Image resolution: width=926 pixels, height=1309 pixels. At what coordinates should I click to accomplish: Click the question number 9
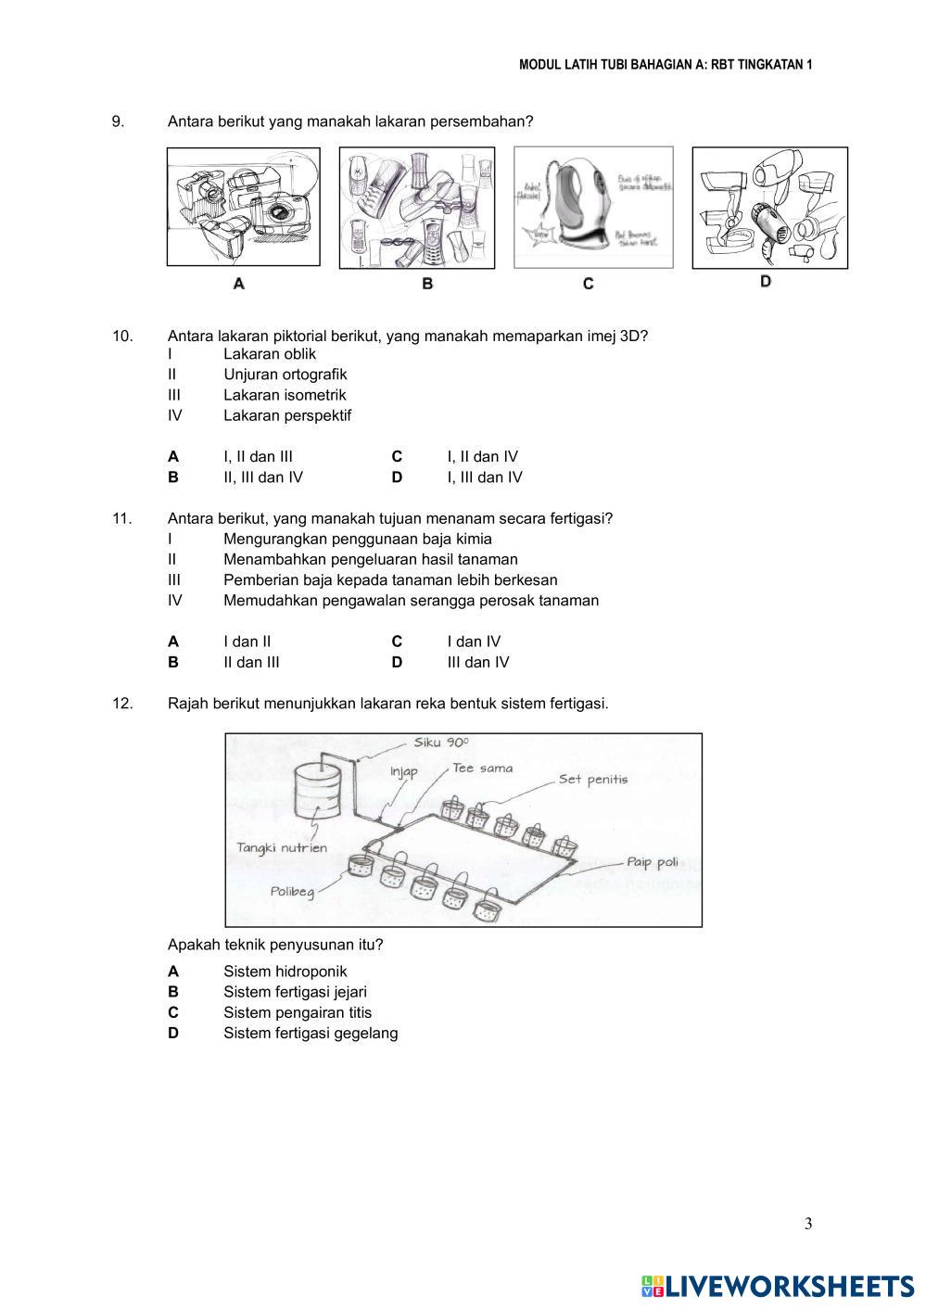[x=118, y=121]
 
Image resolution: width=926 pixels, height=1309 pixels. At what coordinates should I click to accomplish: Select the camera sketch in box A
[x=244, y=206]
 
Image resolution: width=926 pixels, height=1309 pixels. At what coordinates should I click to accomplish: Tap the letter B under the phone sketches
[x=427, y=284]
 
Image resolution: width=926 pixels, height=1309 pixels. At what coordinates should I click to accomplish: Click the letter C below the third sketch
[x=588, y=284]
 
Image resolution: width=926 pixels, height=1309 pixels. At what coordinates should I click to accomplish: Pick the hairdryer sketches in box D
[x=769, y=208]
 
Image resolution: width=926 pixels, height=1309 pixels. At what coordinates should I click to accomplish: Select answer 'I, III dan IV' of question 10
[x=485, y=477]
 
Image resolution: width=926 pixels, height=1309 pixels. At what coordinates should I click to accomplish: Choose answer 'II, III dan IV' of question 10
[x=263, y=477]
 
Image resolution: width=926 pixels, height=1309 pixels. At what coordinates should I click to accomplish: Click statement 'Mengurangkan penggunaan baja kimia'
[x=358, y=539]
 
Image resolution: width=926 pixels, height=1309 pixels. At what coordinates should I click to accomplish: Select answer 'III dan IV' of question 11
[x=478, y=662]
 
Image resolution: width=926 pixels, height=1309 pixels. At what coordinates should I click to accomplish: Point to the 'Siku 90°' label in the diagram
[x=441, y=743]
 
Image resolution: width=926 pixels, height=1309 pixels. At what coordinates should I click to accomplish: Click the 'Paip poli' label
[x=653, y=862]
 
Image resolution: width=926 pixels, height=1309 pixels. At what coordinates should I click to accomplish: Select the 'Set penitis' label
[x=593, y=779]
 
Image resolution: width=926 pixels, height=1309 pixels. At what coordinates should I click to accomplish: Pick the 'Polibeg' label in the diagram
[x=293, y=891]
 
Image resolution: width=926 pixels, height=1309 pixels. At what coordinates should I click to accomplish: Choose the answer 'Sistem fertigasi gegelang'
[x=311, y=1033]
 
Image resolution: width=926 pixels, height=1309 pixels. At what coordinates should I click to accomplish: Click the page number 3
[x=808, y=1224]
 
